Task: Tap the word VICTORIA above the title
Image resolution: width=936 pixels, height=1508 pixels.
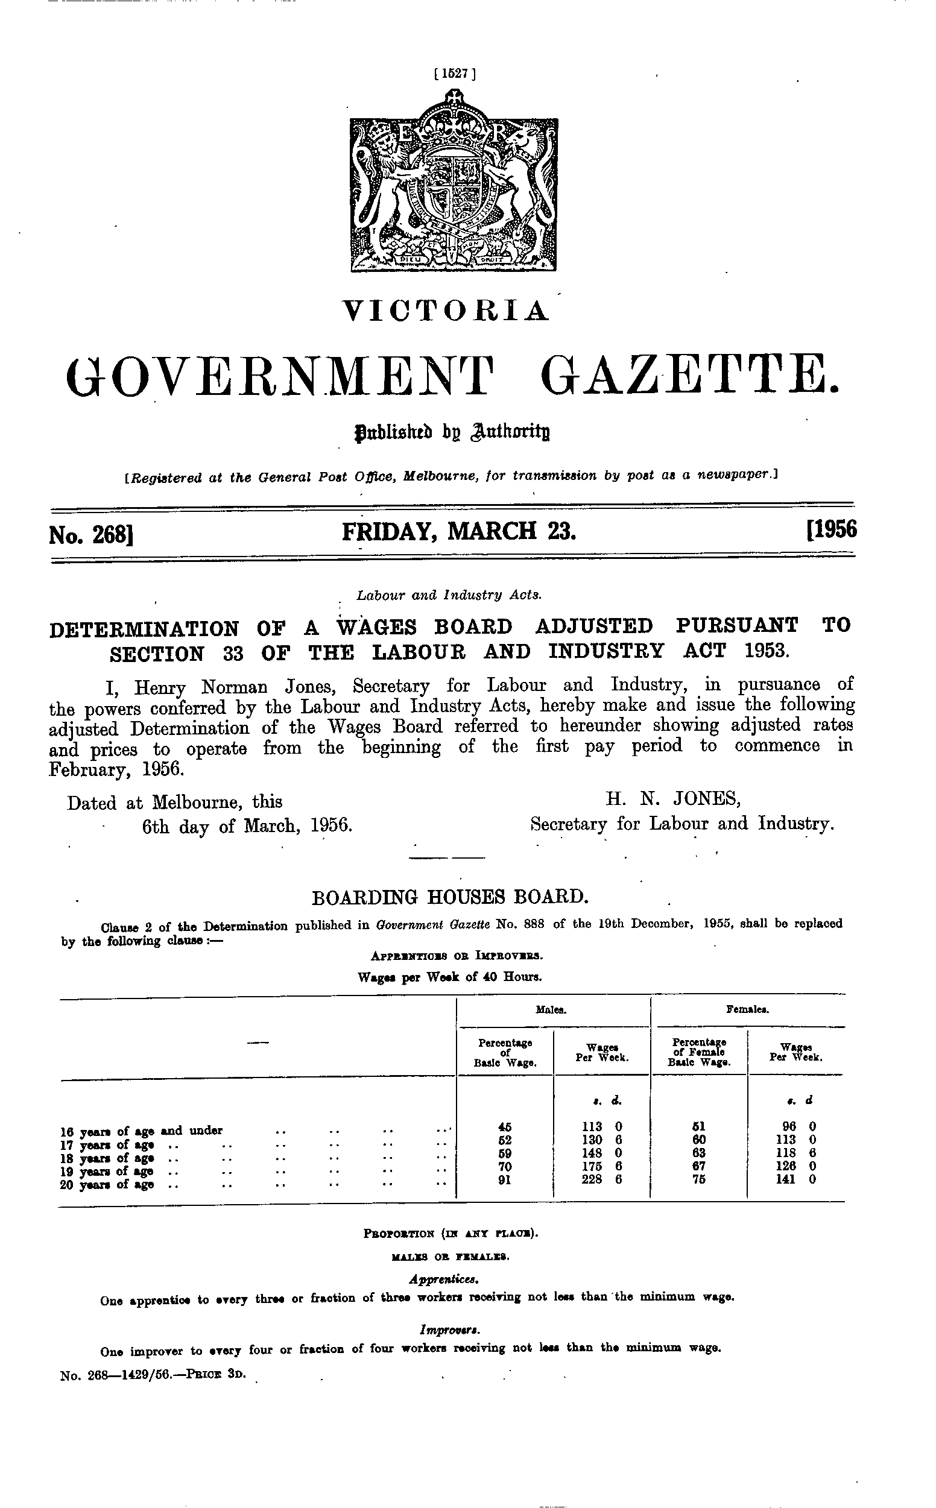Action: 447,311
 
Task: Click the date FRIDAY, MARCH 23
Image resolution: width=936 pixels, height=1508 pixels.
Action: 459,532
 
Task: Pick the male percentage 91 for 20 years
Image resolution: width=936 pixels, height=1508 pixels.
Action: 505,1179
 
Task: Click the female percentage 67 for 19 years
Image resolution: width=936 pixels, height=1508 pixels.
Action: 699,1167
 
